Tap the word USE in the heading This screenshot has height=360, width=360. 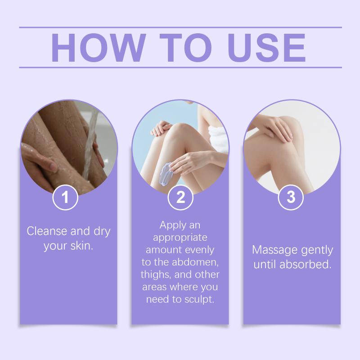tap(266, 48)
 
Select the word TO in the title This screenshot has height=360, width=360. tap(185, 48)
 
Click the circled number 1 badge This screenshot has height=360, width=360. tap(65, 197)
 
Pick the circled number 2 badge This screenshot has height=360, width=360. tap(180, 197)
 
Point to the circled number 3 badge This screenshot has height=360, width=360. tap(291, 197)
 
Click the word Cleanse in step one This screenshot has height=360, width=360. tap(47, 231)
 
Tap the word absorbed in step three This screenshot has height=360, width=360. tap(306, 264)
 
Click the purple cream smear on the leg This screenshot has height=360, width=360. tap(166, 172)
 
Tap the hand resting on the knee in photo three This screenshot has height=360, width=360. tap(276, 129)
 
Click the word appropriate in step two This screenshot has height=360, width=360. tap(180, 238)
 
